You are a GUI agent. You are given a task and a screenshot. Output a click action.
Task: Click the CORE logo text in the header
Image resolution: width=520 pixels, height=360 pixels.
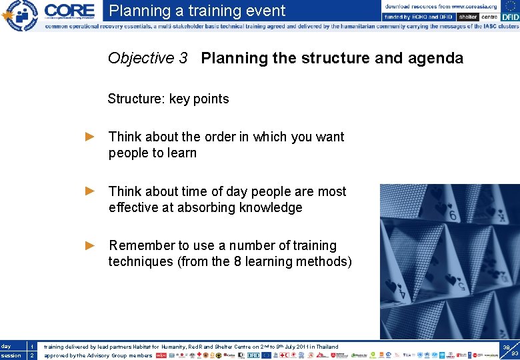point(70,11)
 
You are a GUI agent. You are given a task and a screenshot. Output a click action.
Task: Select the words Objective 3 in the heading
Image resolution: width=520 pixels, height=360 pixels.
point(147,59)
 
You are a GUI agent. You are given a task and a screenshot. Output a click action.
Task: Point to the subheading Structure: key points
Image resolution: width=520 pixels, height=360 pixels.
point(168,99)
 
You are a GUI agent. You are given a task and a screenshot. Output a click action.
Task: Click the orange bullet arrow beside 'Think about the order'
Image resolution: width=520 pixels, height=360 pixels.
point(91,137)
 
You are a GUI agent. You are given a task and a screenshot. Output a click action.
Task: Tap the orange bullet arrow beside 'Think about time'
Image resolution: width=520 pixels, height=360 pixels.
point(91,191)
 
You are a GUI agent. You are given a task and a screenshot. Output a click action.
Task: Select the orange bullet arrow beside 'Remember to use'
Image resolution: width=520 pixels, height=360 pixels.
point(91,245)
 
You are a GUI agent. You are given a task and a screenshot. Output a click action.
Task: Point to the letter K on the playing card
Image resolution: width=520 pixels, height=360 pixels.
point(502,217)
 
